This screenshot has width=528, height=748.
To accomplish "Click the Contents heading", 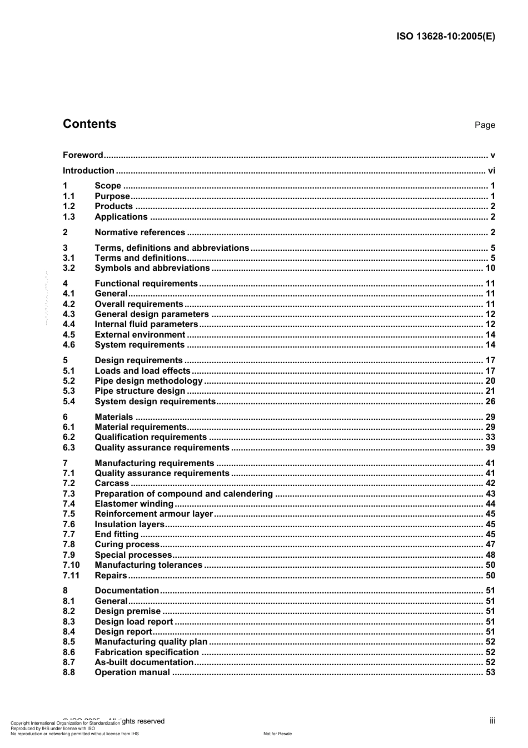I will pyautogui.click(x=89, y=124).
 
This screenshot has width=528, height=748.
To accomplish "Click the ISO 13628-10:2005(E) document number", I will pyautogui.click(x=445, y=37).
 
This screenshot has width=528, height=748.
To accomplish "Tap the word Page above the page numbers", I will pyautogui.click(x=484, y=125).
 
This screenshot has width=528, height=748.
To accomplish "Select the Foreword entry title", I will pyautogui.click(x=83, y=155).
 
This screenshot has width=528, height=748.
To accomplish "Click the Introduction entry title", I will pyautogui.click(x=88, y=171).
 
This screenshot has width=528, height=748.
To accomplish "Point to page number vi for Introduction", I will pyautogui.click(x=491, y=171).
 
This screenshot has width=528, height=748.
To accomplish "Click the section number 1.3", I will pyautogui.click(x=68, y=217).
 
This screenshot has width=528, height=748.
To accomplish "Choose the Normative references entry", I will pyautogui.click(x=140, y=232).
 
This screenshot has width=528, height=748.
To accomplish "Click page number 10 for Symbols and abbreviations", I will pyautogui.click(x=490, y=268).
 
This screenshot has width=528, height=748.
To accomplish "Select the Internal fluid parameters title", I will pyautogui.click(x=146, y=324).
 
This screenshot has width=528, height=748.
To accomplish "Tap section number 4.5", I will pyautogui.click(x=68, y=335).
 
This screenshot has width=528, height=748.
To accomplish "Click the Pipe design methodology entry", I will pyautogui.click(x=148, y=381).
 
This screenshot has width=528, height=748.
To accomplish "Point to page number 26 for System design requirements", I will pyautogui.click(x=490, y=402).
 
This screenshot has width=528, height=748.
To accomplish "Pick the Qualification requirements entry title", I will pyautogui.click(x=150, y=437).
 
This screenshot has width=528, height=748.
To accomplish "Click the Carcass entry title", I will pyautogui.click(x=112, y=483).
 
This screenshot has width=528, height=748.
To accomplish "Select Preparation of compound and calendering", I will pyautogui.click(x=183, y=494).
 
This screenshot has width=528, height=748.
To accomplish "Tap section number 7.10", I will pyautogui.click(x=71, y=565).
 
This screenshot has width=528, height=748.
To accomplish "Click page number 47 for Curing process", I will pyautogui.click(x=490, y=544).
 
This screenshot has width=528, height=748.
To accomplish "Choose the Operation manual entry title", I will pyautogui.click(x=132, y=672).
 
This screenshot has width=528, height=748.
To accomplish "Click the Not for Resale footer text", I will pyautogui.click(x=277, y=734).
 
